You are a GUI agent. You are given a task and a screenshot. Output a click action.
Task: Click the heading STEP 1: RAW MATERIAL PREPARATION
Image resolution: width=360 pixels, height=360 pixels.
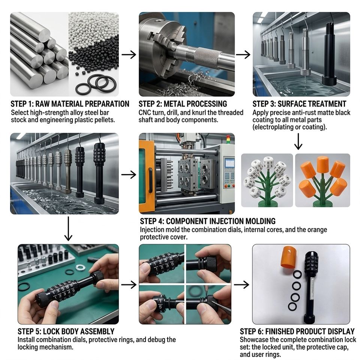pyautogui.click(x=70, y=104)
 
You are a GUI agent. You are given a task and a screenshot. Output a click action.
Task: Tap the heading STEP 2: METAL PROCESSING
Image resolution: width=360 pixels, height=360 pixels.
pyautogui.click(x=183, y=104)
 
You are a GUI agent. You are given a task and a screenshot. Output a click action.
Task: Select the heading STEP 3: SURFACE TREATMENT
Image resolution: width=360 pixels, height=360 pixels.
pyautogui.click(x=299, y=104)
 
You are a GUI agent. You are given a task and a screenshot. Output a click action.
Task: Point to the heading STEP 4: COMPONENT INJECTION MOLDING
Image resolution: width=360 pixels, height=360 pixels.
pyautogui.click(x=207, y=221)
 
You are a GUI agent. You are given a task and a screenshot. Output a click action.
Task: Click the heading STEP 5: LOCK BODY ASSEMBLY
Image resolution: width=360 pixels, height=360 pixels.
pyautogui.click(x=66, y=331)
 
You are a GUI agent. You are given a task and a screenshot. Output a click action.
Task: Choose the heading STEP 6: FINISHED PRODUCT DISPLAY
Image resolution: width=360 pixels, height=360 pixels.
pyautogui.click(x=297, y=331)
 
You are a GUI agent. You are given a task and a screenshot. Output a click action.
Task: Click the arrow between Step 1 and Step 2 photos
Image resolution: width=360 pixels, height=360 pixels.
pyautogui.click(x=129, y=55)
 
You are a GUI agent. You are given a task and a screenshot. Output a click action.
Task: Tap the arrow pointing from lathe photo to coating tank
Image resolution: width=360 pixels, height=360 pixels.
pyautogui.click(x=243, y=55)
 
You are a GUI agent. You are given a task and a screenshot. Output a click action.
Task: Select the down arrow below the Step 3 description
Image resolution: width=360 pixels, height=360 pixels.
pyautogui.click(x=298, y=142)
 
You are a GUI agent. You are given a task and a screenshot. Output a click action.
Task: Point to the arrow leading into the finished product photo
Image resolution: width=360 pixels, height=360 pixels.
pyautogui.click(x=241, y=285)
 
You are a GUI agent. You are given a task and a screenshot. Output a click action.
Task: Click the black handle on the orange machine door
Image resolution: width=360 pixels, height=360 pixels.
pyautogui.click(x=151, y=180)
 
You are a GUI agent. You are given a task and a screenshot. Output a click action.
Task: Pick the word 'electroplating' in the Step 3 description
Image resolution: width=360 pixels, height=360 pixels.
pyautogui.click(x=272, y=127)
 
